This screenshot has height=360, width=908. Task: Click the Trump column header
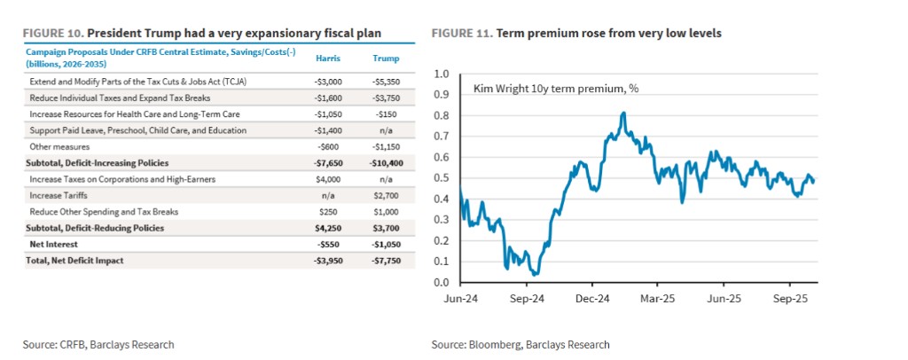coord(382,58)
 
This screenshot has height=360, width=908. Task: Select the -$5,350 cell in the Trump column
coord(382,82)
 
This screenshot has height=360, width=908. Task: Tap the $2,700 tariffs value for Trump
coord(382,195)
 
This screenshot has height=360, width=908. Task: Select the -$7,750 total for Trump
coord(382,260)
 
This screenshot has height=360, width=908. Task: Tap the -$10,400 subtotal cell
coord(382,162)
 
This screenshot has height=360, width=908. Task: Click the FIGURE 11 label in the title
coord(461,33)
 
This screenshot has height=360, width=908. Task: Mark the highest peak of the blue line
coord(623,113)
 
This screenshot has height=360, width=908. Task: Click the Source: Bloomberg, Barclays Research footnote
coord(521,344)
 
